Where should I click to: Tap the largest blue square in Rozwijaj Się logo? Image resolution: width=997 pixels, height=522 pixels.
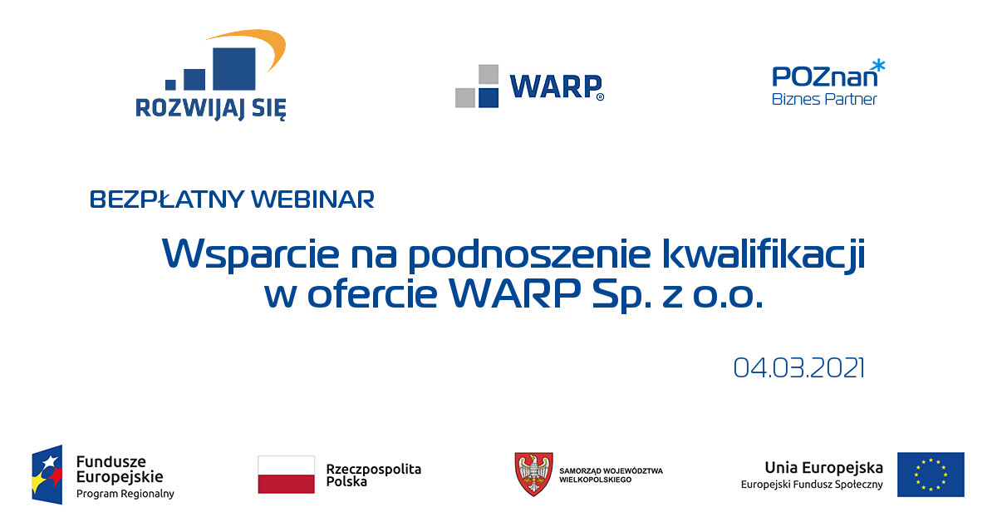(234, 69)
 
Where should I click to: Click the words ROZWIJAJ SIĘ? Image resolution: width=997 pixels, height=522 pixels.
(210, 108)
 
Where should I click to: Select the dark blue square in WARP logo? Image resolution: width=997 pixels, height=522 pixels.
(488, 97)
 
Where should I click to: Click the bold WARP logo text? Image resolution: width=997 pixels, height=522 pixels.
(556, 86)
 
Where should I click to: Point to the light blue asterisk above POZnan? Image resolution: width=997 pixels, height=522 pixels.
(878, 66)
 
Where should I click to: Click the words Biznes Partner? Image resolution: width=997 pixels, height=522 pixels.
(824, 99)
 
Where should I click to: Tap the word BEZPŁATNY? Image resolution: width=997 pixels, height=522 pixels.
(167, 199)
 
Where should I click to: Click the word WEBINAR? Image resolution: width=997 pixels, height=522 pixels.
(313, 199)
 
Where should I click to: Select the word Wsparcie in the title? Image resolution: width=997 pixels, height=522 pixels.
(251, 254)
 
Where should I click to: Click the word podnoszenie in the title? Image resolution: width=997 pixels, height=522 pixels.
(530, 254)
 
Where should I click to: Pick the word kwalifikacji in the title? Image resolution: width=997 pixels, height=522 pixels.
(764, 254)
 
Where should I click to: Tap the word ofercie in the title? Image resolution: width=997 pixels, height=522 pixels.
(372, 293)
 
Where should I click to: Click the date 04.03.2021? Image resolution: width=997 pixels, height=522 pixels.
(799, 368)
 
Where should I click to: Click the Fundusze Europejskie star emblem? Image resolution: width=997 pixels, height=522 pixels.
(47, 475)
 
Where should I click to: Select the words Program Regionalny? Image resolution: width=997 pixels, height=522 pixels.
(125, 494)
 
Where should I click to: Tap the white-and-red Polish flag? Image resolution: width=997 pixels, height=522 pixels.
(286, 475)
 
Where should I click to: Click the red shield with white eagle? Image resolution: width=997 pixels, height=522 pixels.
(533, 474)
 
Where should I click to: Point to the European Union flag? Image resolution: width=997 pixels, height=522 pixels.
(931, 475)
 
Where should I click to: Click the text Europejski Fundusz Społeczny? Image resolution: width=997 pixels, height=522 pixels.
(812, 485)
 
